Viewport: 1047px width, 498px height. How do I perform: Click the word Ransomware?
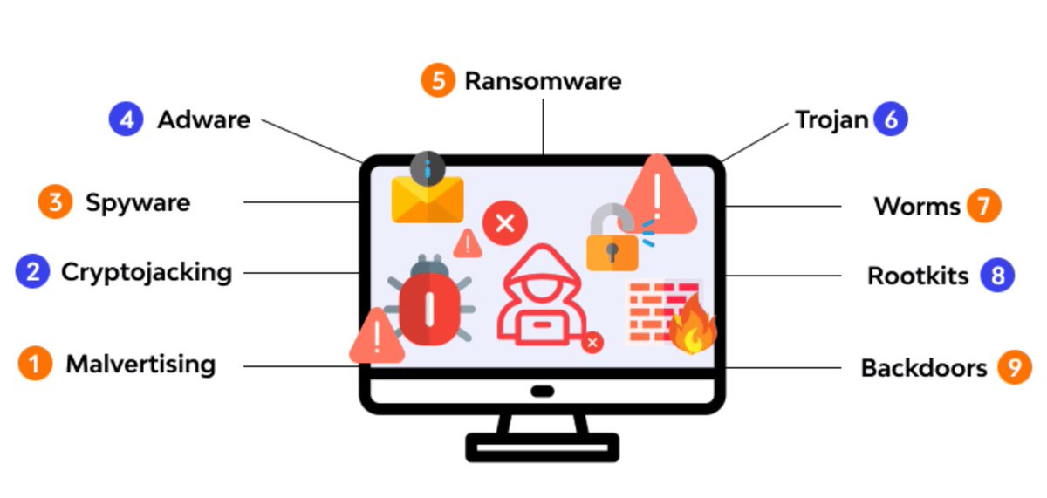tap(543, 81)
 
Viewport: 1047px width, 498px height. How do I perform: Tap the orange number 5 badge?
tap(438, 81)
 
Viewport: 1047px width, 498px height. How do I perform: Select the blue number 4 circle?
tap(126, 119)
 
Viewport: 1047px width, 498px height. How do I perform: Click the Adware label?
tap(203, 119)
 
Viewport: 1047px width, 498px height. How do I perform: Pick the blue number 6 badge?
tap(891, 119)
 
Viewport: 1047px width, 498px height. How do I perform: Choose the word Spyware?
tap(138, 203)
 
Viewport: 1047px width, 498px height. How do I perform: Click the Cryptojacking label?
tap(147, 272)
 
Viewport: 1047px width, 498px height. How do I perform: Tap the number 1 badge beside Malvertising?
tap(35, 364)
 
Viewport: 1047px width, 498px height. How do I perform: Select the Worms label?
tap(916, 207)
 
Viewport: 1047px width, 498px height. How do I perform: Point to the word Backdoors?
tap(923, 367)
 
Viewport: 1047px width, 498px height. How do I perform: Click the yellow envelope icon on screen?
tap(427, 200)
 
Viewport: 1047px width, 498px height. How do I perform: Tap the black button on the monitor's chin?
tap(542, 392)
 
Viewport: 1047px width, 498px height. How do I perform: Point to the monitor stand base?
tap(542, 447)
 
